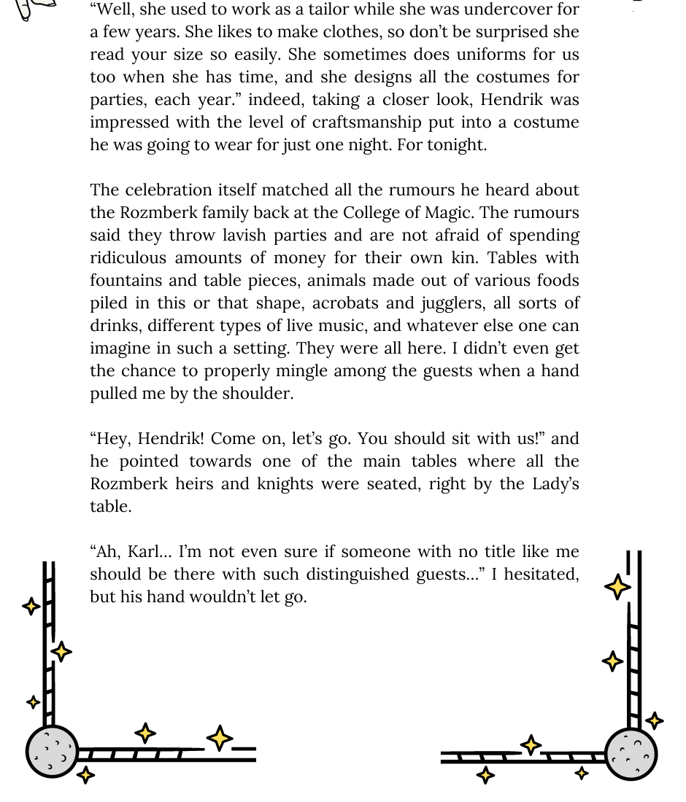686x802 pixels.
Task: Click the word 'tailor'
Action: (341, 10)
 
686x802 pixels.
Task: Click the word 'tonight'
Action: (456, 145)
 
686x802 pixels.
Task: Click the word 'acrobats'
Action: (341, 303)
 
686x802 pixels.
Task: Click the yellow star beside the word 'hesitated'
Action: (617, 587)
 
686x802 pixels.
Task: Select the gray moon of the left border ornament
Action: (52, 751)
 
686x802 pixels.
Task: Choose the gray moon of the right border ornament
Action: (631, 753)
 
